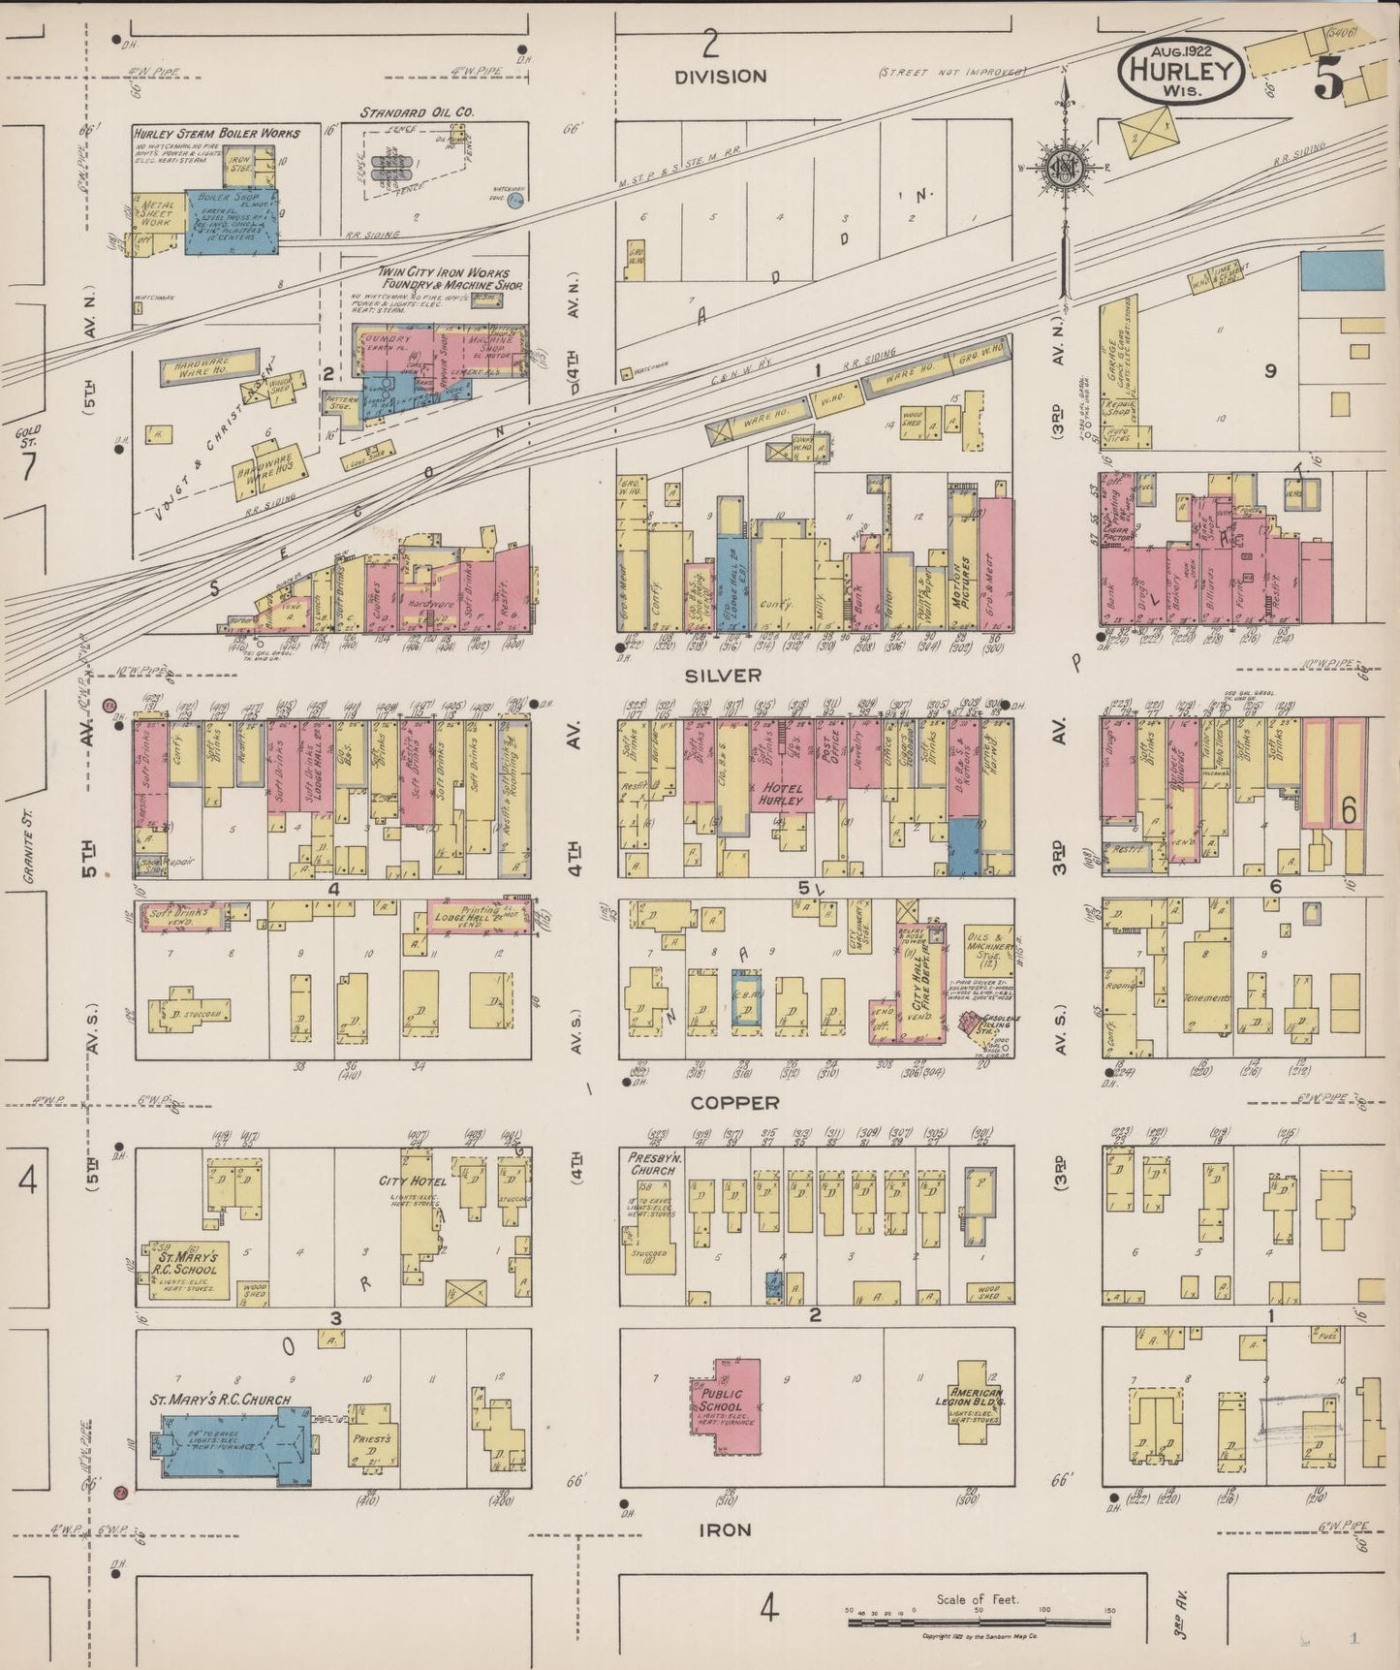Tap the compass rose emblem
click(1064, 167)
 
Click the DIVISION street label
click(721, 76)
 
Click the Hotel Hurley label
click(781, 795)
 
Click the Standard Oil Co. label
click(417, 112)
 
